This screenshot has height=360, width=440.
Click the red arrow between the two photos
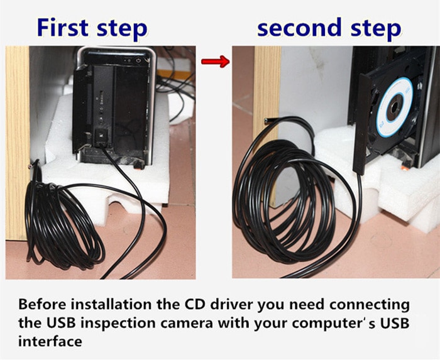pos(214,62)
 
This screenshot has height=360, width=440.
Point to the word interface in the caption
pos(50,342)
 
